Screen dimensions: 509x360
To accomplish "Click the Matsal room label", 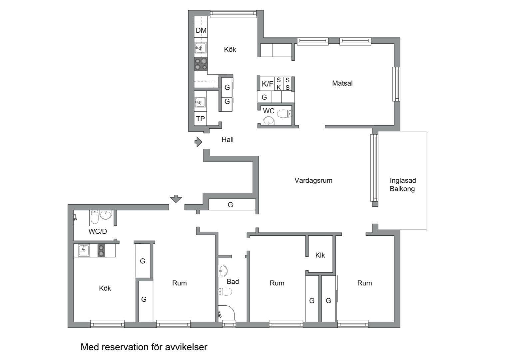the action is [342, 83].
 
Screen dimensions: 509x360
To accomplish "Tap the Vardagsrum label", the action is [313, 180].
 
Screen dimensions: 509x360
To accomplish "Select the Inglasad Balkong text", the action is [403, 185].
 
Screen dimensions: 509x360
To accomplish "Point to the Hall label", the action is [228, 139].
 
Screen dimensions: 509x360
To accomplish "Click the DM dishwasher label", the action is [201, 30].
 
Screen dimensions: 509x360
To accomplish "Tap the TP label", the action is [201, 119].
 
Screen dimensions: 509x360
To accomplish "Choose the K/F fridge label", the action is [267, 84].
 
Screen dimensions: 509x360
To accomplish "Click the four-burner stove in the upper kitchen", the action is [201, 64].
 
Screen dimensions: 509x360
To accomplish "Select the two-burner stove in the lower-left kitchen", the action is [101, 250].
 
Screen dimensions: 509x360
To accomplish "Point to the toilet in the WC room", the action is [284, 114].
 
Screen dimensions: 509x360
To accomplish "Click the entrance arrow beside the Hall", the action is [199, 142].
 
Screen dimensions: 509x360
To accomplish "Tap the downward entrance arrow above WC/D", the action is [176, 199].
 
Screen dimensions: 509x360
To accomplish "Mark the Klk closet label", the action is [320, 255].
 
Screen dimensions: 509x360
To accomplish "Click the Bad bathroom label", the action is [233, 282].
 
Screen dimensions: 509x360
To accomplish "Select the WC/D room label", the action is [98, 231].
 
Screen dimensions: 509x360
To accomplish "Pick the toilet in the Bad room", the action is [225, 291].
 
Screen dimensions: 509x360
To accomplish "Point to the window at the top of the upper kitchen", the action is [234, 14].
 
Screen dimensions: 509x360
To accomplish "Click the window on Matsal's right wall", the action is [396, 84].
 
